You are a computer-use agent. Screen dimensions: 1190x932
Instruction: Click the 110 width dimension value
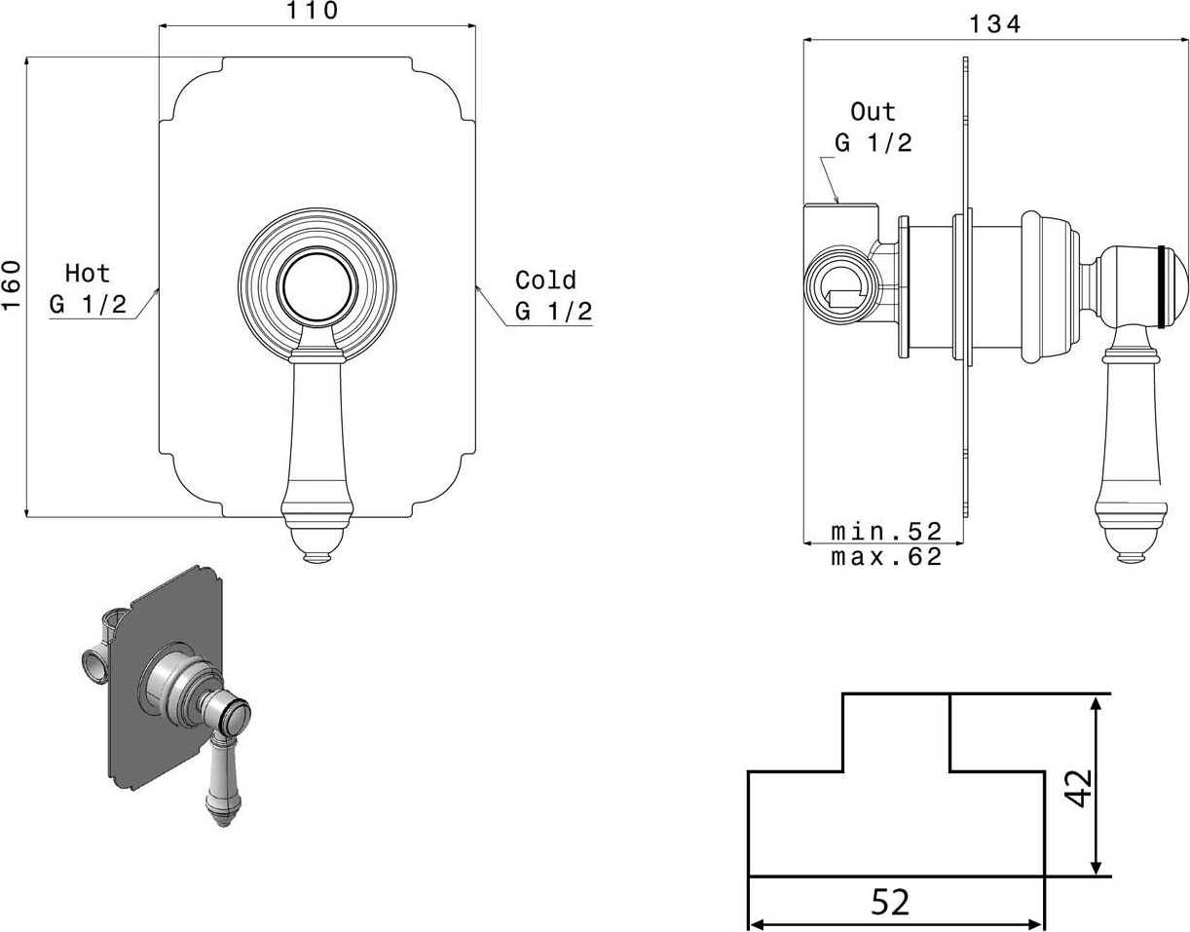click(313, 11)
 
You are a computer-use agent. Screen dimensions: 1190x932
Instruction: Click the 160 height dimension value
click(11, 286)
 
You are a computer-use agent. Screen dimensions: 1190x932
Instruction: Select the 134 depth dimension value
click(995, 24)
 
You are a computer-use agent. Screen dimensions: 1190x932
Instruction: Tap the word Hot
click(88, 274)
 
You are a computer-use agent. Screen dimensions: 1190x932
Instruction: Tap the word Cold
click(545, 280)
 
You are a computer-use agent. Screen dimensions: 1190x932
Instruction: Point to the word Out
click(873, 112)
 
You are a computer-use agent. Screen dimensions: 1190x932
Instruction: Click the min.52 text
click(886, 532)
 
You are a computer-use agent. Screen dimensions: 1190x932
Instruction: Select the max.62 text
click(886, 557)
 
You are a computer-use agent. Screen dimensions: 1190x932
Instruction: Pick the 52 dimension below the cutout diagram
click(890, 903)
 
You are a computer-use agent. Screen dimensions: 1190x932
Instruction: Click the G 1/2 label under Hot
click(89, 304)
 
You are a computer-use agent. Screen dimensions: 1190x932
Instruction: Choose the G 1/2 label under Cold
click(554, 311)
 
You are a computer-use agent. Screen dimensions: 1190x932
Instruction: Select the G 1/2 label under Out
click(874, 143)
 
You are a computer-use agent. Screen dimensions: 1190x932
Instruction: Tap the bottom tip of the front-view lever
click(317, 562)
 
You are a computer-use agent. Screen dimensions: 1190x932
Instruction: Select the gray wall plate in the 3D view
click(165, 679)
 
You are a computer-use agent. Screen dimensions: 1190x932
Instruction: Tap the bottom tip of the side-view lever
click(1132, 561)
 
